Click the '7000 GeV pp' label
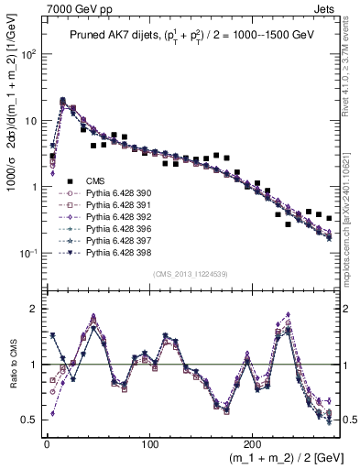pos(74,8)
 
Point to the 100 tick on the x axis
pos(149,442)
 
